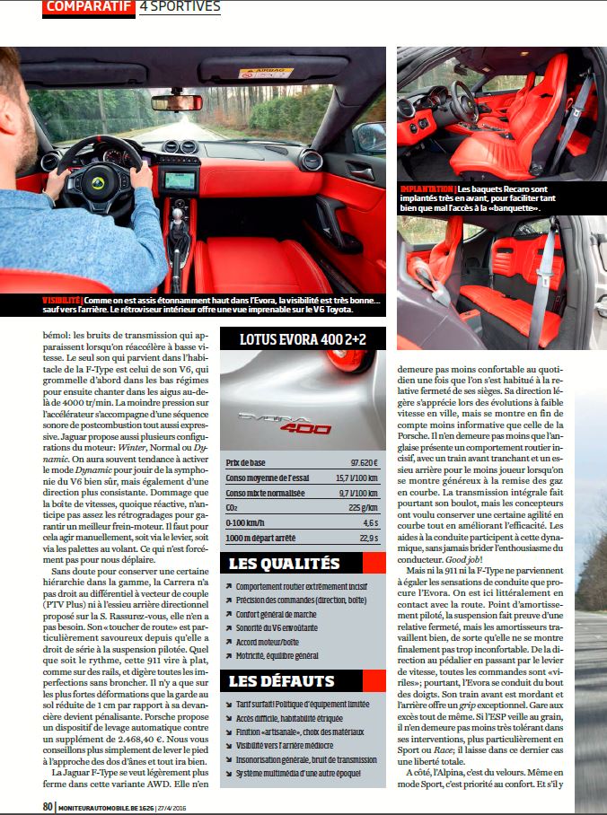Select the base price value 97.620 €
pyautogui.click(x=362, y=462)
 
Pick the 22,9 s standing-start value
pyautogui.click(x=365, y=538)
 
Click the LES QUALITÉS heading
pyautogui.click(x=284, y=565)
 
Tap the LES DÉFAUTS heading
pyautogui.click(x=281, y=680)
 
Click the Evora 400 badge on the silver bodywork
pyautogui.click(x=283, y=423)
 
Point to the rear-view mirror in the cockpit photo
pyautogui.click(x=177, y=102)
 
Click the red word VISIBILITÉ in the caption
pyautogui.click(x=63, y=299)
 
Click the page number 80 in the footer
pyautogui.click(x=48, y=806)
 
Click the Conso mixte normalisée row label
pyautogui.click(x=266, y=492)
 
